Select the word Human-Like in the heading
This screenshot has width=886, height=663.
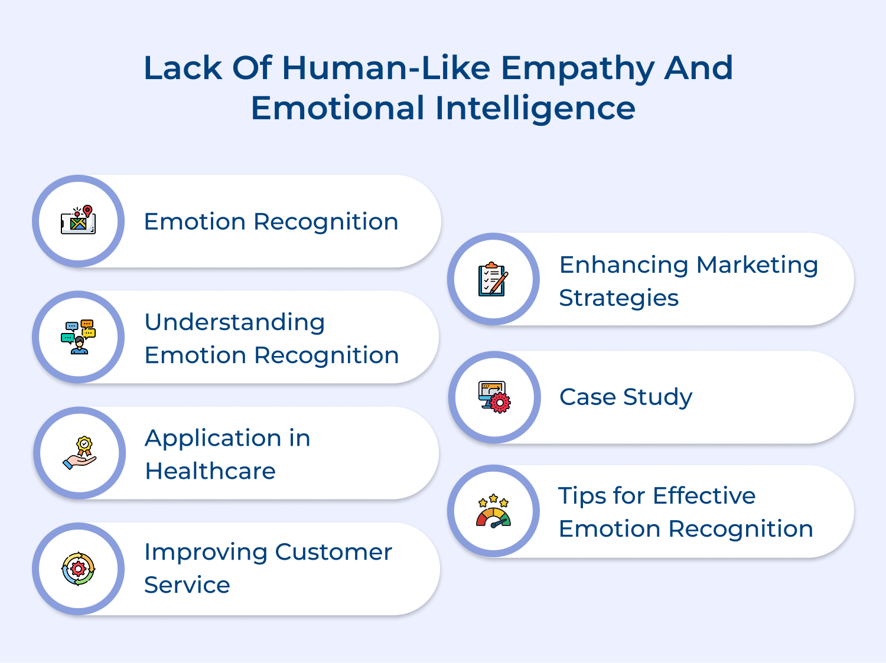tap(386, 68)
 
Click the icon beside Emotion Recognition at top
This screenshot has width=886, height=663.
tap(78, 221)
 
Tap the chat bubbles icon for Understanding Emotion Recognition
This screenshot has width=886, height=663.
tap(78, 337)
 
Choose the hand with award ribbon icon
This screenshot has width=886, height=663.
tap(79, 453)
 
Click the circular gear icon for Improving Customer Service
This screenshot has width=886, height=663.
tap(78, 569)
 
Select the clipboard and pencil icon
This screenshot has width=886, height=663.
tap(493, 279)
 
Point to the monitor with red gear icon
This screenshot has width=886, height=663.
tap(494, 397)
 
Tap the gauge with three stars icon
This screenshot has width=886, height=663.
tap(493, 511)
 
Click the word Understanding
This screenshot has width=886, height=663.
tap(234, 322)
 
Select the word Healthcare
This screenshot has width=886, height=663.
tap(210, 471)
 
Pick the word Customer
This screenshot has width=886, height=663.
tap(333, 552)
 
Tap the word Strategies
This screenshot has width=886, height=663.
tap(618, 298)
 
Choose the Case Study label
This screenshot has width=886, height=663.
tap(626, 397)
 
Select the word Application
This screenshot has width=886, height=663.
tap(213, 439)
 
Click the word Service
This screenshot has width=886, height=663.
tap(187, 585)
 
